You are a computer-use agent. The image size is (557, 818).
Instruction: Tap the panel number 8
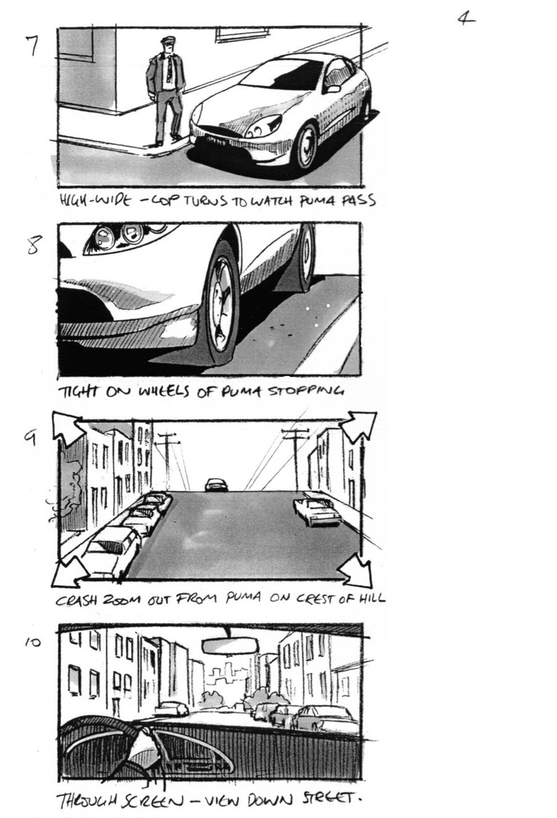click(x=35, y=245)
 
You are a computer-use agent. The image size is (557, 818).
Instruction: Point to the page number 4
click(x=466, y=18)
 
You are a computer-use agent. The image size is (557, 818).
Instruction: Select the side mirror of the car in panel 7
click(x=334, y=88)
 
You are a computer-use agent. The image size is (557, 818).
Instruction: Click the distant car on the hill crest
click(x=216, y=484)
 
